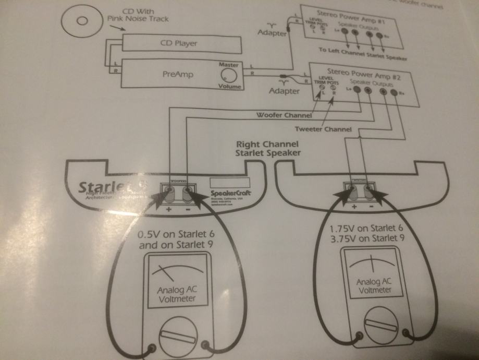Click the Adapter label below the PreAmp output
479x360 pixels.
coord(284,91)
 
